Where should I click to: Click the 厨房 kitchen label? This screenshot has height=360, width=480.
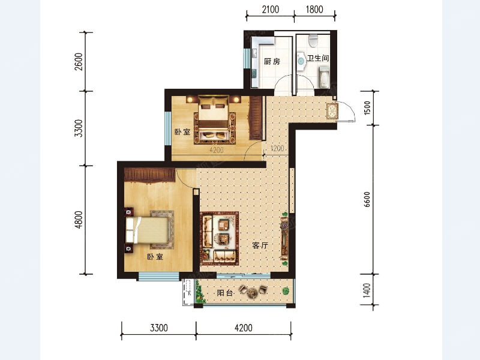[x=272, y=62]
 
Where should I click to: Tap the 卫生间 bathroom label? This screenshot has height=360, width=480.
[x=318, y=58]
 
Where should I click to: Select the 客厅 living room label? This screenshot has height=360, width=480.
[x=260, y=245]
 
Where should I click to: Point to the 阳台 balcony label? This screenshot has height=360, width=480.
[x=225, y=293]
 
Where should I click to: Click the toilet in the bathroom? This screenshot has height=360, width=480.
[x=313, y=40]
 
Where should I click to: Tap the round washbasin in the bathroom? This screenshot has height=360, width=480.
[x=301, y=61]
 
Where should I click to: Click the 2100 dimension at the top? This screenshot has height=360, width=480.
[x=271, y=10]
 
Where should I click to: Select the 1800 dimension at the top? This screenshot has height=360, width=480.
[x=314, y=10]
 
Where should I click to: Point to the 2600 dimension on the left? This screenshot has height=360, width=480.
[x=79, y=62]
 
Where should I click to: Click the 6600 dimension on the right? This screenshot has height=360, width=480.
[x=367, y=199]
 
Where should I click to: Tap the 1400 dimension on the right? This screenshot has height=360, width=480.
[x=367, y=290]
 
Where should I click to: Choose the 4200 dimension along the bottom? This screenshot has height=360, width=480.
[x=244, y=328]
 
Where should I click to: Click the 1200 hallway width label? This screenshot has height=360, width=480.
[x=277, y=148]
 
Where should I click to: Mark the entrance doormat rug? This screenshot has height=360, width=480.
[x=332, y=111]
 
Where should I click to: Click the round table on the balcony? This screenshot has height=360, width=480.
[x=253, y=293]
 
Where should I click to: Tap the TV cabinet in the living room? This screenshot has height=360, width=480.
[x=284, y=239]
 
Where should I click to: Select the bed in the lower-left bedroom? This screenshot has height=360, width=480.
[x=148, y=230]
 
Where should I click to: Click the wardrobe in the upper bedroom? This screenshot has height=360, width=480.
[x=256, y=118]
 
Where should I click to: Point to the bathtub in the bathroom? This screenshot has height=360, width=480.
[x=323, y=76]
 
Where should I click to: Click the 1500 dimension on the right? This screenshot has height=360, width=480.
[x=367, y=108]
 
